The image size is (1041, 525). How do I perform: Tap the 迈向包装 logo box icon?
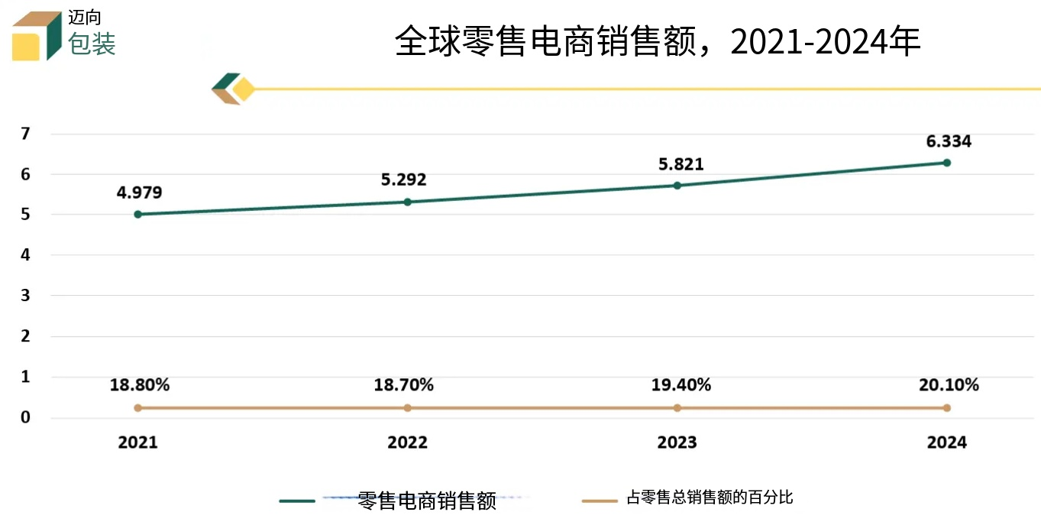coord(37,36)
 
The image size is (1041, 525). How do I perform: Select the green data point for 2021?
coord(137,214)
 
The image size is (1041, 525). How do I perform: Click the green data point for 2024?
coord(946,163)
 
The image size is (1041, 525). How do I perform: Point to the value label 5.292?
coord(403,180)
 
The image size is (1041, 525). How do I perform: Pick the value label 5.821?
coord(681,164)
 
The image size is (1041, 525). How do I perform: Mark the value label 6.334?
coord(949,141)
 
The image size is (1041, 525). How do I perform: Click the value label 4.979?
coord(139,193)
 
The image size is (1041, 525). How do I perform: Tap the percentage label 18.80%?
coord(140,385)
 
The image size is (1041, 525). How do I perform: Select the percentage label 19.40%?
coord(681,385)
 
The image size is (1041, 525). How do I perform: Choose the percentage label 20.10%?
coord(949,385)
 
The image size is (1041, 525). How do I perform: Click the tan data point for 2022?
coord(407,408)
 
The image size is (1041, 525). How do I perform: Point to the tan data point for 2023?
coord(677,408)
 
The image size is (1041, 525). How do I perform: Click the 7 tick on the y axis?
coord(25,134)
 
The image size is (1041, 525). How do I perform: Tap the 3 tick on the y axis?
coord(25,295)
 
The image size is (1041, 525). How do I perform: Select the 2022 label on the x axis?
coord(407,442)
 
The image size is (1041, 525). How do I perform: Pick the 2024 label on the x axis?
coord(946,442)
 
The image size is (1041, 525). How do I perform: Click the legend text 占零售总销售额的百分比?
coord(710,498)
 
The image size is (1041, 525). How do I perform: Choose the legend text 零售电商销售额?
coord(427,501)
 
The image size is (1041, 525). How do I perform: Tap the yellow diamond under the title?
coord(244,89)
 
